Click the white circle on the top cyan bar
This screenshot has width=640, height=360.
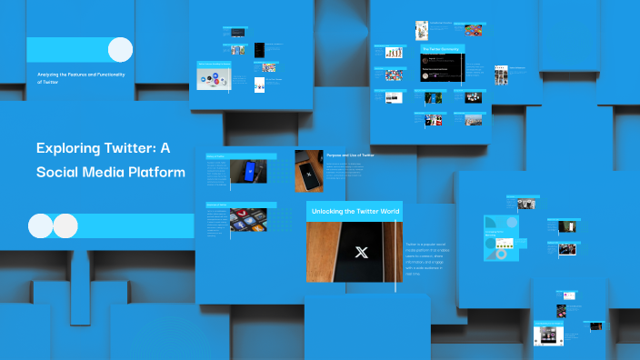(x=120, y=49)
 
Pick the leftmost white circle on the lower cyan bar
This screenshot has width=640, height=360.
(x=40, y=225)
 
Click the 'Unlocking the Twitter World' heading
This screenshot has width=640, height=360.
(x=354, y=211)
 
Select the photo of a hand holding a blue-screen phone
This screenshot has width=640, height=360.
(x=249, y=171)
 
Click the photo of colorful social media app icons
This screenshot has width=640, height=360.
(x=248, y=219)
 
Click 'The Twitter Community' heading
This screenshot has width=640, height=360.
(x=442, y=49)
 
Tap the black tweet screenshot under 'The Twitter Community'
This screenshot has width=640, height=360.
(x=443, y=68)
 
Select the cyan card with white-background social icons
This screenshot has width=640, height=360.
(x=215, y=76)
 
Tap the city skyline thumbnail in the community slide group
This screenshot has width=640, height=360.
(x=474, y=119)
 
